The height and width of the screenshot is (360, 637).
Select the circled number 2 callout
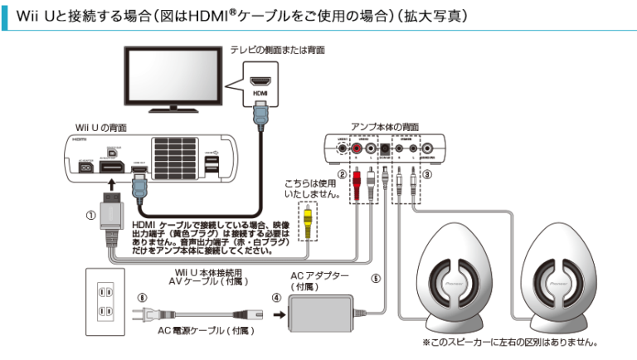pyautogui.click(x=340, y=175)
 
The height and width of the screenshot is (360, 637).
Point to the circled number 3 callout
pyautogui.click(x=427, y=175)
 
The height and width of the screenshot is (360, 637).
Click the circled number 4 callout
pyautogui.click(x=275, y=296)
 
